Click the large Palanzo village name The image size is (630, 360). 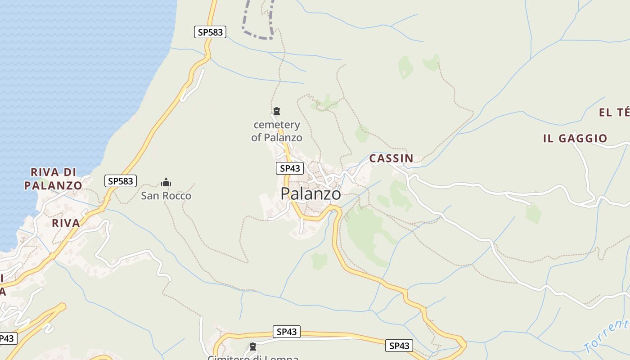[x=310, y=193]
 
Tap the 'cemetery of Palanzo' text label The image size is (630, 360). [x=277, y=131]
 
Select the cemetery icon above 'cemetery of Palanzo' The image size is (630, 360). [x=277, y=111]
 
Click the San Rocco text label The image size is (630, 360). [x=166, y=196]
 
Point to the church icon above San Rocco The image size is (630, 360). [x=166, y=182]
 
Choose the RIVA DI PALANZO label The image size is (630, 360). [x=53, y=179]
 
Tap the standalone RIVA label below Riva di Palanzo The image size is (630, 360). [x=66, y=223]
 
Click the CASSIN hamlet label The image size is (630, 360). [x=391, y=158]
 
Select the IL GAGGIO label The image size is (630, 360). [x=575, y=139]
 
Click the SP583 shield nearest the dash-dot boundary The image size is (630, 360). [x=210, y=32]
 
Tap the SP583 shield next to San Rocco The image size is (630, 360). [x=121, y=181]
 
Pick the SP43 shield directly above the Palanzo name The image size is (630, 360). [x=290, y=168]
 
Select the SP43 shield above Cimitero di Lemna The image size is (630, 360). [x=287, y=332]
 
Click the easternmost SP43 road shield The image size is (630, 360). [x=399, y=346]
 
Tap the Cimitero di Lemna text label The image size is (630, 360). [x=253, y=358]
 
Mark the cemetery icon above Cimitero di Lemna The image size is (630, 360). [x=253, y=346]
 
